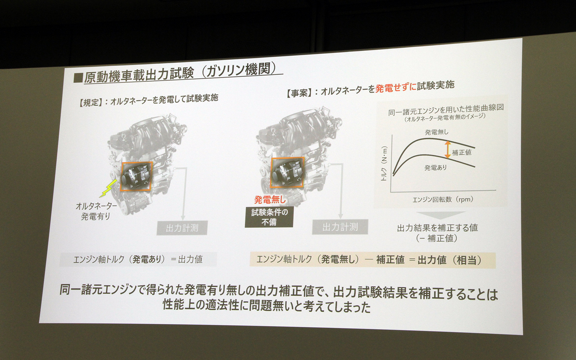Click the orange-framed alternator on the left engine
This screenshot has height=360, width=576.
(x=136, y=176)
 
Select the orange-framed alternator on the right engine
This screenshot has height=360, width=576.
(x=287, y=172)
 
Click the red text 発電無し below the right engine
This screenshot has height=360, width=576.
(x=270, y=200)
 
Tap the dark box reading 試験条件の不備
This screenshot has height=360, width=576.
(x=269, y=217)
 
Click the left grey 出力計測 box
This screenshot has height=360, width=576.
(x=182, y=228)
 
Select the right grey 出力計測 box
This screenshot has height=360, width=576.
(x=340, y=227)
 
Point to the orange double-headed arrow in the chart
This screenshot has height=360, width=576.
(x=447, y=149)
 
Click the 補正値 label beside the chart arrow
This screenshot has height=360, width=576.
(x=462, y=152)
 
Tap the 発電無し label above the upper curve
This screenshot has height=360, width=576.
(x=436, y=132)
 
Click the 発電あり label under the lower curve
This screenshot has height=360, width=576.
(x=435, y=168)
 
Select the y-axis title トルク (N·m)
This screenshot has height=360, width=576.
(x=384, y=163)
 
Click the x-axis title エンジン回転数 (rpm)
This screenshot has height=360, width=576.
(x=443, y=199)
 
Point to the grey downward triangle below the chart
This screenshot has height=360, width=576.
(x=440, y=215)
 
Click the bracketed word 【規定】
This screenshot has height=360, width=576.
(x=89, y=103)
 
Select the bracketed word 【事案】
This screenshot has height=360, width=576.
(x=297, y=93)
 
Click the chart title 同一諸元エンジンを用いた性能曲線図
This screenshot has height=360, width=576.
(x=446, y=110)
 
